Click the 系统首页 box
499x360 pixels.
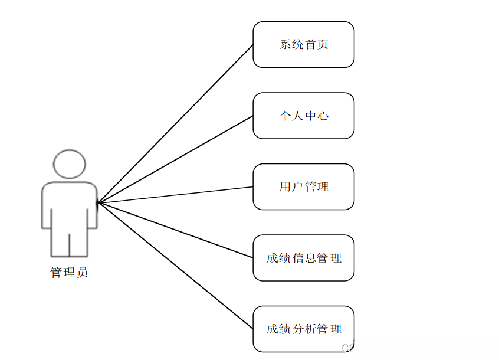[303, 45]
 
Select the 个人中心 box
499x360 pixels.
[303, 116]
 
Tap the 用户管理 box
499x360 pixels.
[303, 186]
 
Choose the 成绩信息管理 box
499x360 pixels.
[303, 258]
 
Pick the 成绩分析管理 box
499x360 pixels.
[303, 329]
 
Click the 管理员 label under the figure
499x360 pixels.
[69, 273]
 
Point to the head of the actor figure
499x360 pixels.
[70, 163]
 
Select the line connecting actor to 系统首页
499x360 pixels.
[176, 123]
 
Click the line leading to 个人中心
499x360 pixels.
[176, 159]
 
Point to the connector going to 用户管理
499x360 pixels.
[176, 195]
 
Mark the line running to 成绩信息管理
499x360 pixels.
[176, 230]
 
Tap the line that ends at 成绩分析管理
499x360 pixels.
[176, 266]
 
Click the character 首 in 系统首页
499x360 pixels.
[310, 45]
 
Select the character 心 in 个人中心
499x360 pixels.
[323, 116]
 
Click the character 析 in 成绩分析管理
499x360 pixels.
[310, 329]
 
